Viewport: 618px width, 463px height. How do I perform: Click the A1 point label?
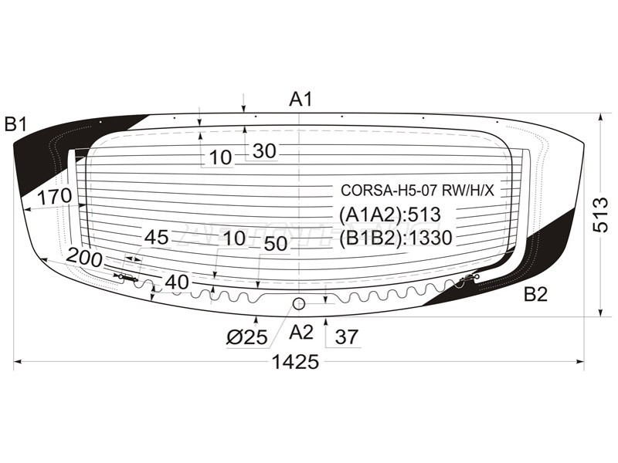[301, 99]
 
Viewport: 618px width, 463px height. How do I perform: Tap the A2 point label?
[301, 333]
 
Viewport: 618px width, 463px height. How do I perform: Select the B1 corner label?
[15, 124]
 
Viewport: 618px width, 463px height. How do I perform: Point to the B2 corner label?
[535, 294]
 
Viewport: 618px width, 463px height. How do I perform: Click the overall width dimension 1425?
[295, 362]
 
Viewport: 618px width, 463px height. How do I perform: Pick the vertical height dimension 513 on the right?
[601, 215]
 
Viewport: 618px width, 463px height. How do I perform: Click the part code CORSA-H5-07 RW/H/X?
[417, 191]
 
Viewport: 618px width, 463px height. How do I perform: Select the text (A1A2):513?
[390, 215]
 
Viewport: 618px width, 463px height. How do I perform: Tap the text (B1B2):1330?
[396, 238]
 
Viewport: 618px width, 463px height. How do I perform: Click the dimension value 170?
[55, 196]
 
